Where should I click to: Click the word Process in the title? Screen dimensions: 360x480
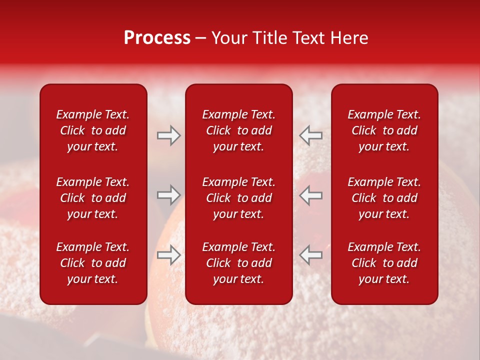(157, 38)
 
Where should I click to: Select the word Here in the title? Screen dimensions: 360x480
(350, 38)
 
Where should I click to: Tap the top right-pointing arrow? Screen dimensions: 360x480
(168, 135)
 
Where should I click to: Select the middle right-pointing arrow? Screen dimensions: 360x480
(168, 195)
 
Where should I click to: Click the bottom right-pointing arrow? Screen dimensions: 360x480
(168, 255)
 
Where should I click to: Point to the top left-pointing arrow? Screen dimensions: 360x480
(310, 135)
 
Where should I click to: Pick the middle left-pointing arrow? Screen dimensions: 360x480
(310, 195)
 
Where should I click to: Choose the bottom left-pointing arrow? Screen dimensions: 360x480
(310, 255)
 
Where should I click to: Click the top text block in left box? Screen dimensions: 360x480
(93, 130)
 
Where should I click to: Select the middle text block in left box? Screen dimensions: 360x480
(93, 198)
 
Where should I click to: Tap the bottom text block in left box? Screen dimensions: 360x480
(93, 263)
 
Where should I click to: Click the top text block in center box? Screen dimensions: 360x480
(238, 130)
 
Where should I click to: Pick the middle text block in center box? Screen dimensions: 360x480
(238, 198)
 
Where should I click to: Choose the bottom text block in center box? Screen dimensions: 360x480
(238, 263)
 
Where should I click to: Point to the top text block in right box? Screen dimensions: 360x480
(384, 130)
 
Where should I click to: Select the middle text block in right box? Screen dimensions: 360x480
(384, 198)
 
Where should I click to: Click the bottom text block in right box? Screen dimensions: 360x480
(384, 263)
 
